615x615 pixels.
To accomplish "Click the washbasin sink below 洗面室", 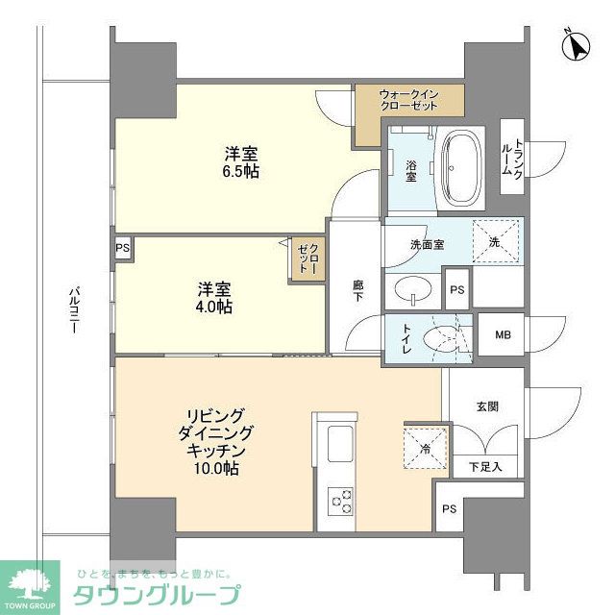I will (x=414, y=289).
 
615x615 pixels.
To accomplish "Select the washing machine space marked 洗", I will (x=496, y=240).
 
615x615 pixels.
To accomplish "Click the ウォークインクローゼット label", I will (x=408, y=99).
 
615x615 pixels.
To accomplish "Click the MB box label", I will (x=502, y=335).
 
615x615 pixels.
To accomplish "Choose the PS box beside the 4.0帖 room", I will (x=123, y=247).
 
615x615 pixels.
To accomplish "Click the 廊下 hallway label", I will (x=357, y=291).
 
